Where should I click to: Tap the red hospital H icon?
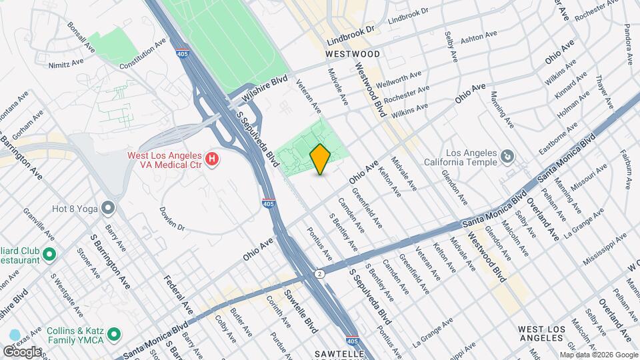click(212, 159)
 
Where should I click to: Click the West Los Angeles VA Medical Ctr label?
click(165, 159)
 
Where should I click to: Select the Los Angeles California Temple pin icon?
click(507, 156)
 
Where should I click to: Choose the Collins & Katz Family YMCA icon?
click(115, 333)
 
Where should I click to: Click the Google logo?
click(21, 351)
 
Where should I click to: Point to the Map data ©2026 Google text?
click(598, 355)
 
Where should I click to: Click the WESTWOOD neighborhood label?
click(353, 53)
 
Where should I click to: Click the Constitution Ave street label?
click(142, 54)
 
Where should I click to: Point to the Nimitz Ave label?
click(67, 63)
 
